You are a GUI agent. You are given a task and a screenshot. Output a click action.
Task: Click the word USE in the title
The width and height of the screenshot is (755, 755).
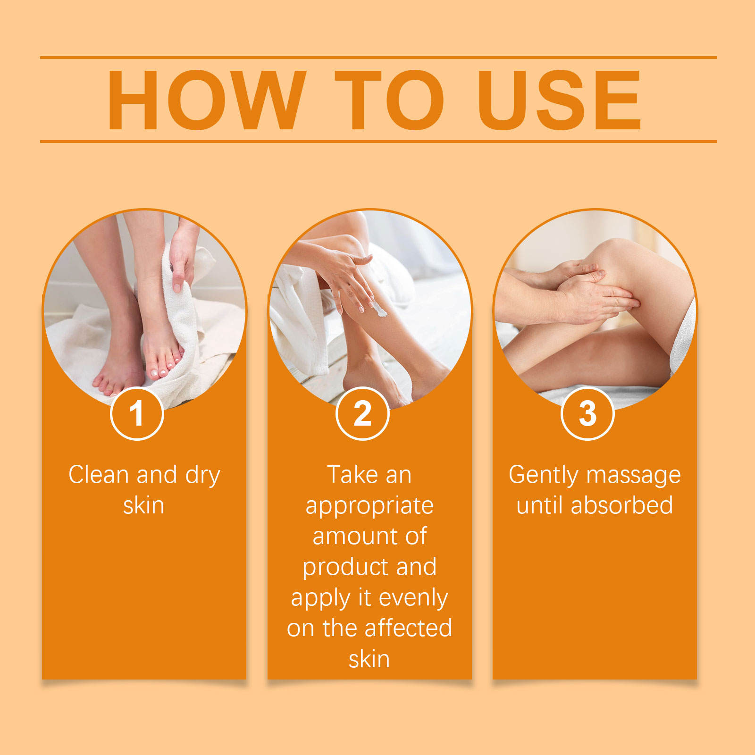point(559,100)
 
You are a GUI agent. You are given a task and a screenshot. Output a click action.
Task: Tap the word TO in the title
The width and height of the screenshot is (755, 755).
point(390,100)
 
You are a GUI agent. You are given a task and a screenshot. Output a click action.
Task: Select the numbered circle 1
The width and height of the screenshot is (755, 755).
point(137,413)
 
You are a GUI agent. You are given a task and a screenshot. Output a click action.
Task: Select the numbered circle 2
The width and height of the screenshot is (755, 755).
point(362,413)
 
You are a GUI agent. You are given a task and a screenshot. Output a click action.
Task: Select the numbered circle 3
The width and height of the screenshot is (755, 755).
point(587,413)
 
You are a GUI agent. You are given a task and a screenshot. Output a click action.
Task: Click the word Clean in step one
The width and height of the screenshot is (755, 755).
point(99,474)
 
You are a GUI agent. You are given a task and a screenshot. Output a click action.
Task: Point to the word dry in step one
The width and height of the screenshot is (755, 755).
point(203,476)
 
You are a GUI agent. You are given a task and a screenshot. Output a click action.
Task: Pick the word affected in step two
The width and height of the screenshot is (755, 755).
point(409,628)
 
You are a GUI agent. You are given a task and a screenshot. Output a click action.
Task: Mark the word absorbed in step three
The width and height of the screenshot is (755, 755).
point(622,505)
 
